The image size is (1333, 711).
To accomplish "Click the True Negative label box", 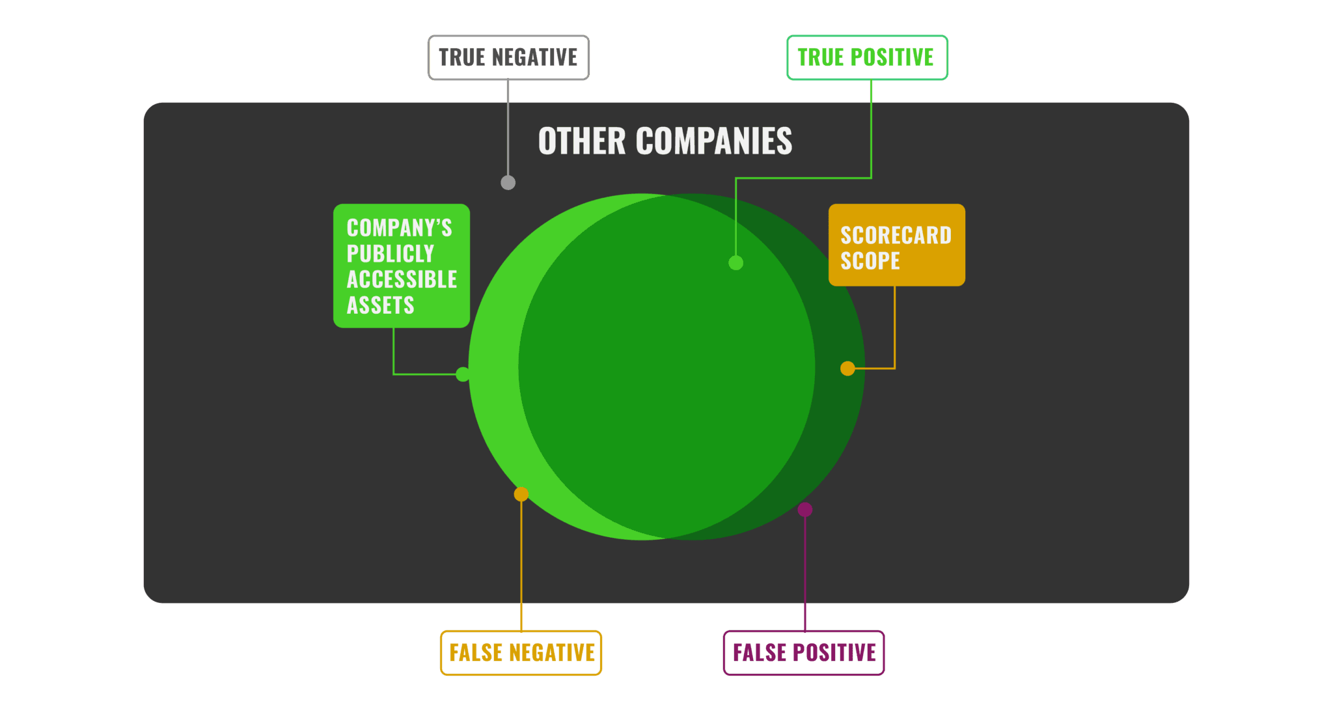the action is click(508, 58).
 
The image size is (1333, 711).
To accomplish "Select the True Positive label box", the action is click(867, 58).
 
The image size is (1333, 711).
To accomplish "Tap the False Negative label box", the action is click(521, 653).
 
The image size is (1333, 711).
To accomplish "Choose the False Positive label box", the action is click(804, 653).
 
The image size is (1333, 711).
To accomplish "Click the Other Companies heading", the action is click(665, 141).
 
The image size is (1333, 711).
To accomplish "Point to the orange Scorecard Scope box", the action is click(896, 245).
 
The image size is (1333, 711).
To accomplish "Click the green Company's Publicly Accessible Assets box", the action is click(402, 266).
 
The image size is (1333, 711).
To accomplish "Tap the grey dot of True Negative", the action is click(508, 183).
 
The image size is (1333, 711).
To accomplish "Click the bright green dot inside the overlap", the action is click(736, 263).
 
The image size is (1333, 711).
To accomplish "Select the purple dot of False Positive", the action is click(805, 510).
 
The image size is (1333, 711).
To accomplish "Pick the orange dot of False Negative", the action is click(521, 494).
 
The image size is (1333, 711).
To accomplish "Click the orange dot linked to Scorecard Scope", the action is click(847, 369).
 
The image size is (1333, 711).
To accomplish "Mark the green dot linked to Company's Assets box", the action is click(463, 374).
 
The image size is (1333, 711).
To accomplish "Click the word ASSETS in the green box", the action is click(380, 305).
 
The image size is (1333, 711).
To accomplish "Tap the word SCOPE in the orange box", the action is click(870, 261).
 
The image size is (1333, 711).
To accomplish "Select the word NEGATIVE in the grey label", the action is click(535, 57).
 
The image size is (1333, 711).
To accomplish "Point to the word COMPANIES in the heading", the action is click(714, 141).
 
